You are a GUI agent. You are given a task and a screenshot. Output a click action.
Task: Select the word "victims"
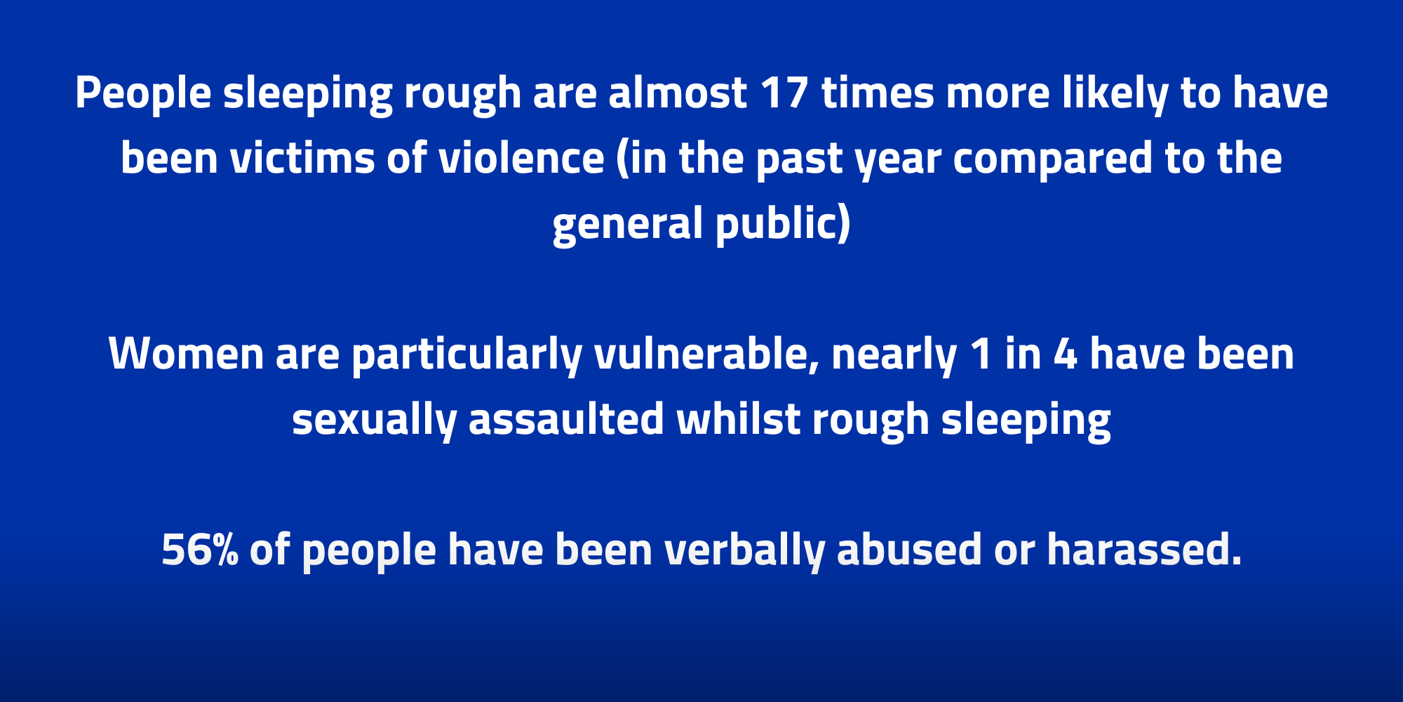[x=302, y=158]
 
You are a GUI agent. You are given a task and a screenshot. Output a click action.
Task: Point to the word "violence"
[x=521, y=158]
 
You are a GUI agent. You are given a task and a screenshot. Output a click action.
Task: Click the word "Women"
[x=186, y=354]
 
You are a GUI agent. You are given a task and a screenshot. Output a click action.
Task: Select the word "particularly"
[x=466, y=355]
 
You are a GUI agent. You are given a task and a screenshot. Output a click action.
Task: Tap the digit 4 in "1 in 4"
[x=1065, y=354]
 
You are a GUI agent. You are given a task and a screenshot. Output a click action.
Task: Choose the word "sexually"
[x=374, y=420]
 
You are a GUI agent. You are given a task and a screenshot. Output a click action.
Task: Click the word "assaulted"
[x=566, y=419]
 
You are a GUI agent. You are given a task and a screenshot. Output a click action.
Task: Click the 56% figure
[x=200, y=550]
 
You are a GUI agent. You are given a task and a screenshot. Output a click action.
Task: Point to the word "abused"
[x=909, y=550]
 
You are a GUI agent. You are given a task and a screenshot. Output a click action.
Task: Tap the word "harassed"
[x=1144, y=550]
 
